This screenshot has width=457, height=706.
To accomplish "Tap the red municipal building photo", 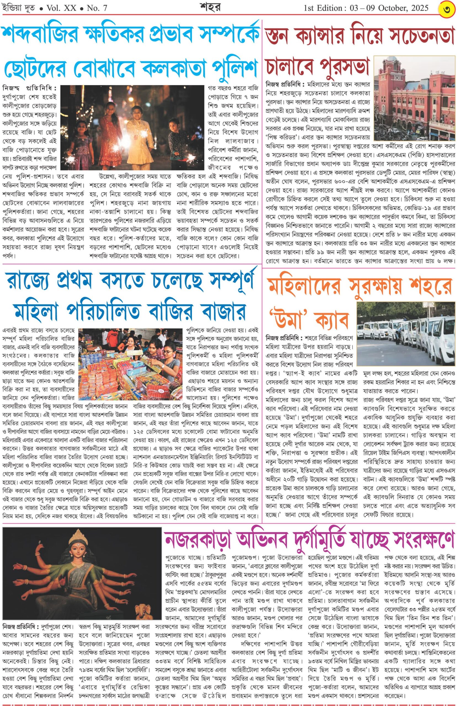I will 414,98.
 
